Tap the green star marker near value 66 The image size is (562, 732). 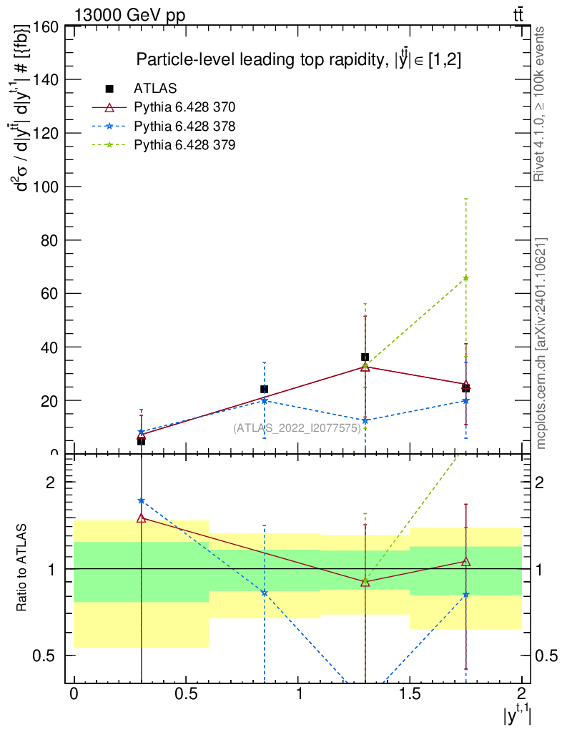coord(466,277)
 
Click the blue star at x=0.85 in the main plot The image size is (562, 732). coord(265,400)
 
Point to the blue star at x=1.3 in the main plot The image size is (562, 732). coord(365,420)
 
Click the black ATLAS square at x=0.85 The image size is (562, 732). coord(265,389)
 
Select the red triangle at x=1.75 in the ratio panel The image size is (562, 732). coord(466,562)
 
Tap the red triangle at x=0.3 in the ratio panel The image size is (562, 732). coord(142,518)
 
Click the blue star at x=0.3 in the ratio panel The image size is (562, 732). coord(142,501)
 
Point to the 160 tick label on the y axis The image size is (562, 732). coord(45,26)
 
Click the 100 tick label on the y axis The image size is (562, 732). coord(45,187)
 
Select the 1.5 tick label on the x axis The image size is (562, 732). coord(410,694)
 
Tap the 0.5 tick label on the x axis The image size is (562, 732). coord(186,694)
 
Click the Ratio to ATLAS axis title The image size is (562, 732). coord(22,568)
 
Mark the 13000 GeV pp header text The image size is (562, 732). coord(129,14)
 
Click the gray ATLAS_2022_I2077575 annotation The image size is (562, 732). coord(296,428)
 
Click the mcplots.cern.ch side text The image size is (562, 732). coord(541,343)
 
